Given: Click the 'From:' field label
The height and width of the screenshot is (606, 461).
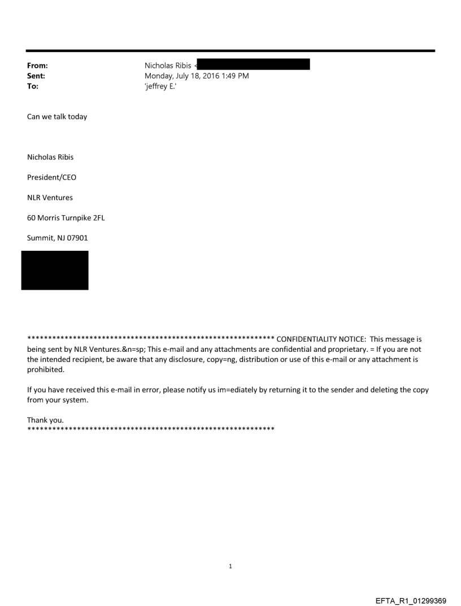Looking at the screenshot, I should [37, 66].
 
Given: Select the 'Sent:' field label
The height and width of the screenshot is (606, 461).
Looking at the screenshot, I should [36, 76].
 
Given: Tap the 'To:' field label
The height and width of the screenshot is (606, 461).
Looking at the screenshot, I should [33, 86].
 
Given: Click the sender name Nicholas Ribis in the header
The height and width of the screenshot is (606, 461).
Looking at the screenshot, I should [168, 66].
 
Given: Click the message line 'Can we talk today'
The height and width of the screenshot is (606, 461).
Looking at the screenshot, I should [57, 117].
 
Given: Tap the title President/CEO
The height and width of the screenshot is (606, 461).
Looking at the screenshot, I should [52, 177].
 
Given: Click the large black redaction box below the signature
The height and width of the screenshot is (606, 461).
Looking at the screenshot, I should [55, 270].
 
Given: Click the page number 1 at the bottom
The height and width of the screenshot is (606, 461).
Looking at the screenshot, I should [230, 566].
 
